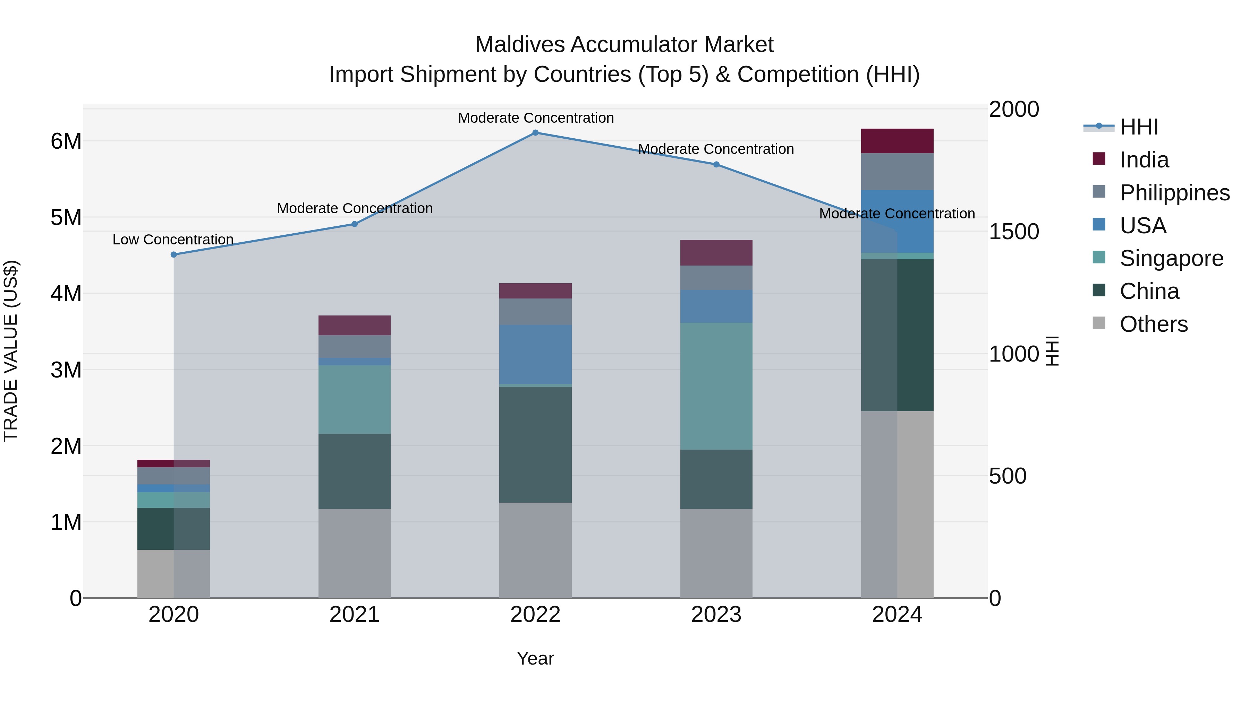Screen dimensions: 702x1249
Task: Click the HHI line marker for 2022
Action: coord(535,133)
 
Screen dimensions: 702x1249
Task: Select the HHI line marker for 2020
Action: coord(173,255)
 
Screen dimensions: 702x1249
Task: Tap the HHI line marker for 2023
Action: coord(716,165)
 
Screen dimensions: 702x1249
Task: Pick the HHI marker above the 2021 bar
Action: coord(355,224)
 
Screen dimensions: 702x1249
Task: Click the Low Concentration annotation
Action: coord(173,240)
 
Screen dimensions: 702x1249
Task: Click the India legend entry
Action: coord(1144,160)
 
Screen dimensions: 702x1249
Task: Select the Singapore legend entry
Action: coord(1171,258)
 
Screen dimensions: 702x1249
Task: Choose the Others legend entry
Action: coord(1154,324)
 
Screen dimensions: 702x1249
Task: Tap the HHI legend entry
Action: coord(1138,127)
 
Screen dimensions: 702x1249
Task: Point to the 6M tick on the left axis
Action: coord(66,141)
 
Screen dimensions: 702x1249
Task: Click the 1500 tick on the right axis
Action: coord(1014,232)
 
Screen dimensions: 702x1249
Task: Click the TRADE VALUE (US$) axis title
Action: coord(11,351)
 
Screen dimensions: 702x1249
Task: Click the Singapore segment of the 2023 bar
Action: coord(716,386)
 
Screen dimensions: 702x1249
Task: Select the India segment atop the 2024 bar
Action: coord(897,141)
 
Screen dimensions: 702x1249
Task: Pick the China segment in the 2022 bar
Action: coord(535,444)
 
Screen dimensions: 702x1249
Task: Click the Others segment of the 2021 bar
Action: coord(355,553)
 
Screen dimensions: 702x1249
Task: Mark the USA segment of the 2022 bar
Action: coord(535,355)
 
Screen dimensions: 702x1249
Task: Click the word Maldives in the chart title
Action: coord(519,45)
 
